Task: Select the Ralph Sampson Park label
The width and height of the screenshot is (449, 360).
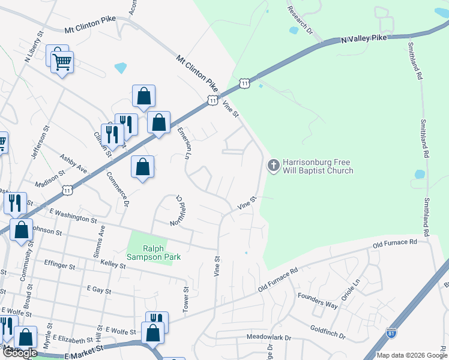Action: click(154, 253)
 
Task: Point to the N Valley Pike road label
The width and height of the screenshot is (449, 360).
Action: click(365, 38)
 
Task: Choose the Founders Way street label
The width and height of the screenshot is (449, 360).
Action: click(318, 299)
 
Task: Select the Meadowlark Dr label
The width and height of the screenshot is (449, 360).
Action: click(268, 338)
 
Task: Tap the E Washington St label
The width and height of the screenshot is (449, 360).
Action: click(73, 216)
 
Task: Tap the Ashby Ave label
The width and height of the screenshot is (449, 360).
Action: click(73, 164)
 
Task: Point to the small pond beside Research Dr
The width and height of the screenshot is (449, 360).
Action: click(294, 30)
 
